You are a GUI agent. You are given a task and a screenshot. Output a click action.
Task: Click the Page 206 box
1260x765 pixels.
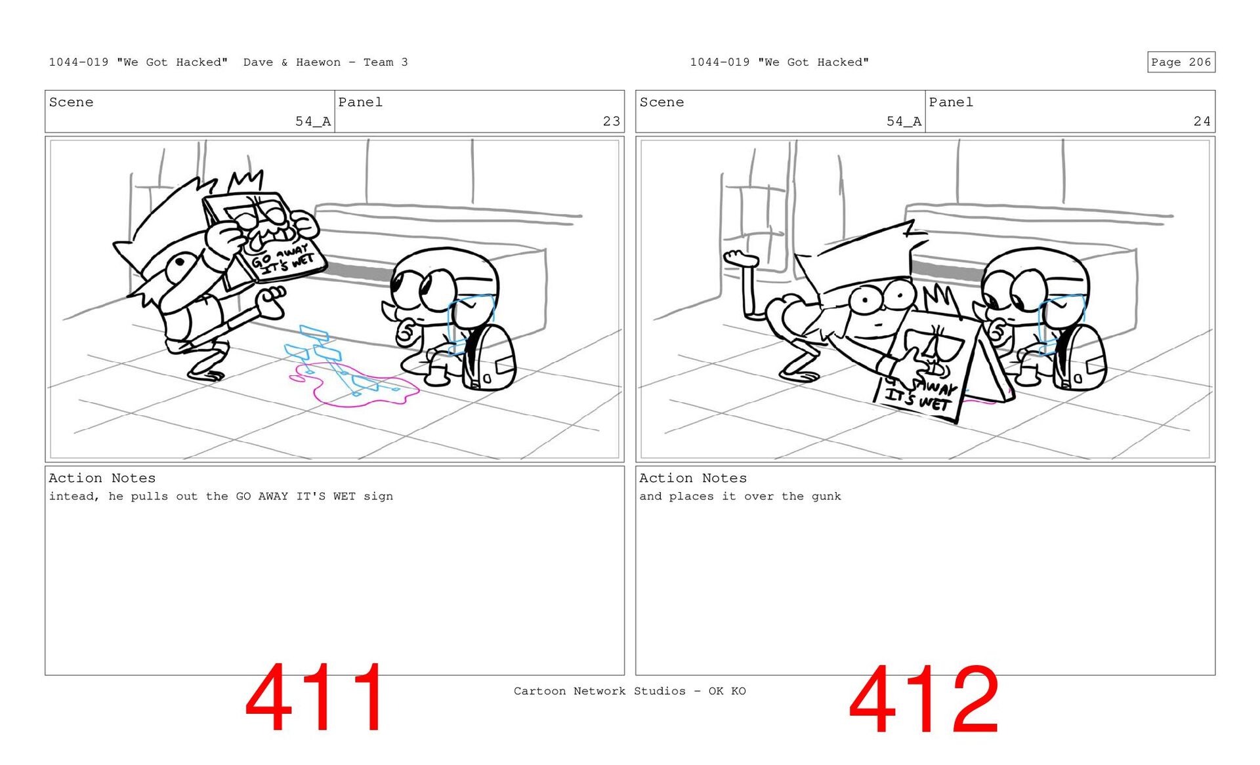pos(1181,62)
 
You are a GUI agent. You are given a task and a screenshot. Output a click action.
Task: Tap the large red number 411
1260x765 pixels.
pos(315,697)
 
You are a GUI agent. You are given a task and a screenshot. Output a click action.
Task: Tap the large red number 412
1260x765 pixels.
pos(924,699)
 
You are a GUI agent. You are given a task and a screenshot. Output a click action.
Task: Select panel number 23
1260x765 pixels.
pos(612,121)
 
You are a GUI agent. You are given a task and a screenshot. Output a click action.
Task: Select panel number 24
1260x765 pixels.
pos(1202,121)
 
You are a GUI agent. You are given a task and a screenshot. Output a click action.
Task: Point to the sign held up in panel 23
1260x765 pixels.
pos(266,239)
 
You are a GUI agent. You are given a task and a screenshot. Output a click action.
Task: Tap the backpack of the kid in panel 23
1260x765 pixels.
pos(489,358)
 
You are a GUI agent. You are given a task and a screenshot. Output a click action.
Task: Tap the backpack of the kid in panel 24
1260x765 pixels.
pos(1080,358)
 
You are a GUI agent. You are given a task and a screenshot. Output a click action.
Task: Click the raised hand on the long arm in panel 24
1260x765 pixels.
pos(740,258)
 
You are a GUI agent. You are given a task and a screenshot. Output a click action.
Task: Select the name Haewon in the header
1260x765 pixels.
pos(318,62)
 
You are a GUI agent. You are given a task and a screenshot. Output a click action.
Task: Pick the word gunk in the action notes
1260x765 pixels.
pos(826,497)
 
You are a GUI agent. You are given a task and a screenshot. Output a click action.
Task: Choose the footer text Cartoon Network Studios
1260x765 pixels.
pos(600,691)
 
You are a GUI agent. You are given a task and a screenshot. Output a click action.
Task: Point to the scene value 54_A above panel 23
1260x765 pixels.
pos(313,121)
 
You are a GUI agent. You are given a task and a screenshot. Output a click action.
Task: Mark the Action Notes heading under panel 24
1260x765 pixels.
pos(693,478)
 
